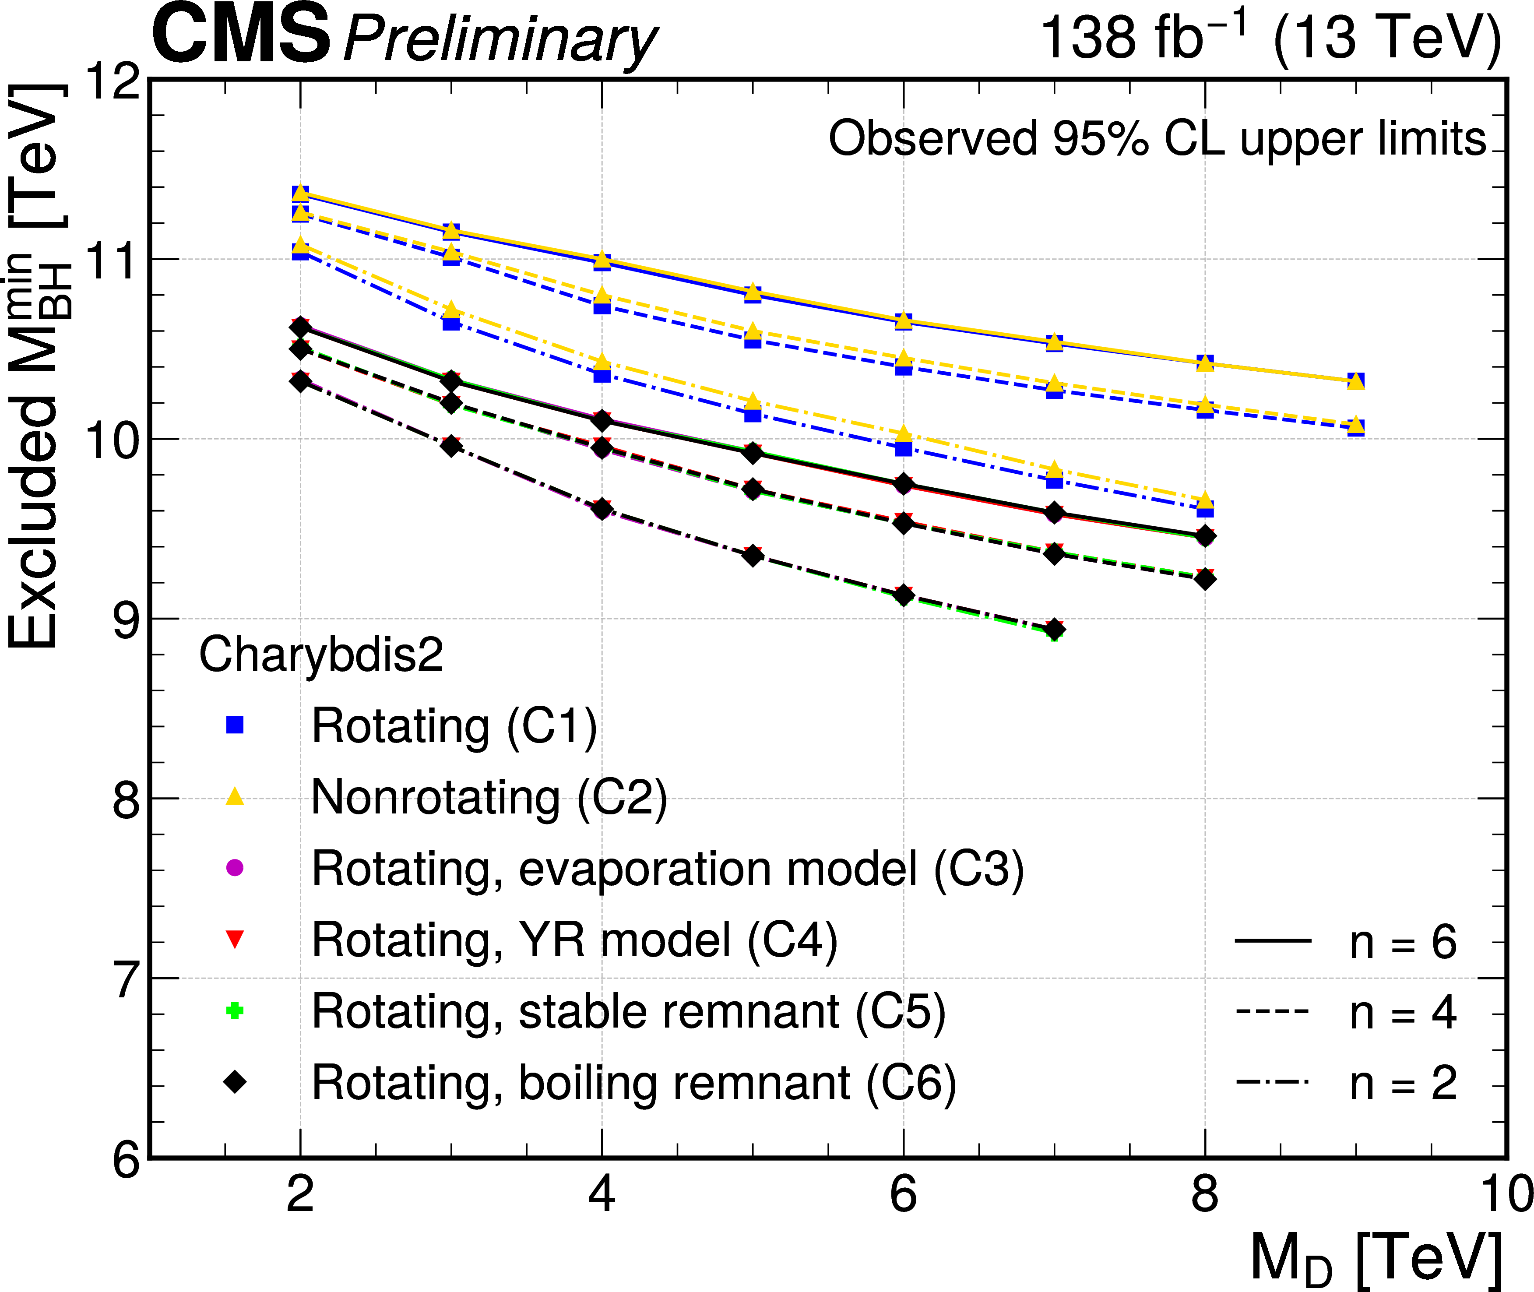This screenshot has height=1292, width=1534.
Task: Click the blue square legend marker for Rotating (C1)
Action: point(234,725)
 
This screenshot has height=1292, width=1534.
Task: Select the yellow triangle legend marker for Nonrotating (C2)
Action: point(234,796)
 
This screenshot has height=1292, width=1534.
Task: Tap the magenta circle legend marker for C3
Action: point(234,868)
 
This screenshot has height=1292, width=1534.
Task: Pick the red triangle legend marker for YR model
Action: point(234,940)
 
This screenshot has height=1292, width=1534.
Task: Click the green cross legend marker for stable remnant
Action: point(234,1011)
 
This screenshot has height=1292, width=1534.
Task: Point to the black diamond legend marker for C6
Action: point(234,1082)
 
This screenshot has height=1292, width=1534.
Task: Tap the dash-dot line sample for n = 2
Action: point(1273,1082)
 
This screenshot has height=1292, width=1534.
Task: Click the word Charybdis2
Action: point(321,654)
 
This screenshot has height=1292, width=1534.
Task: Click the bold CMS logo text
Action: point(242,35)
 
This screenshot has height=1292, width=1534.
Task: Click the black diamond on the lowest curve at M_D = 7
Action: point(1054,629)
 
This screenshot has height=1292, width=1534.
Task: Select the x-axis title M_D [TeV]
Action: point(1376,1258)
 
